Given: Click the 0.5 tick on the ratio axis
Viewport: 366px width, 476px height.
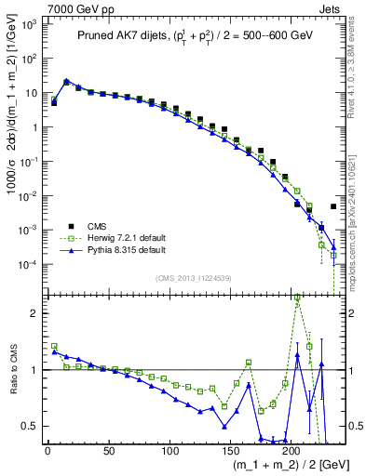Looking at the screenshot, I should pyautogui.click(x=31, y=426).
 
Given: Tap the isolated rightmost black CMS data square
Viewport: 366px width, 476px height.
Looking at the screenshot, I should pyautogui.click(x=333, y=206).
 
